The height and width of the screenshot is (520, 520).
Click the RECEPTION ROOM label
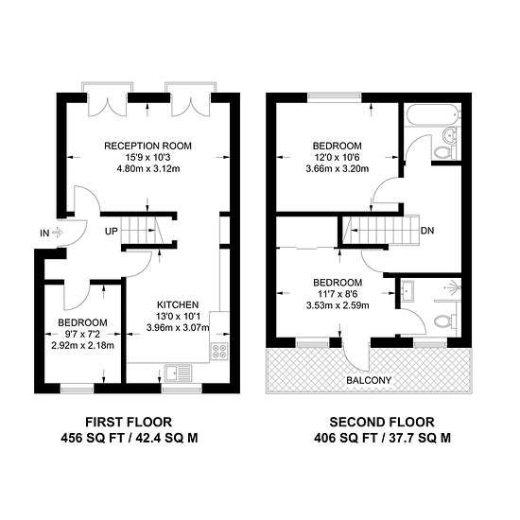(x=147, y=146)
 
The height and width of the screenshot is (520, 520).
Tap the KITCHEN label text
(x=178, y=304)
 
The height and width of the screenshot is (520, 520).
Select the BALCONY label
(x=369, y=380)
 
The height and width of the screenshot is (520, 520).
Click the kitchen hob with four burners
(x=220, y=351)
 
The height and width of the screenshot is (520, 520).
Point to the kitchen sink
(x=179, y=373)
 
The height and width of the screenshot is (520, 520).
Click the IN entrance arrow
(x=58, y=233)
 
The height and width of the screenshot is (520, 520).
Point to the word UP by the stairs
(x=112, y=231)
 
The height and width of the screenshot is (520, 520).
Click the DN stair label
(x=427, y=231)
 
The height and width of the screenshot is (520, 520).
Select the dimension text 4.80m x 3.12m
(x=148, y=169)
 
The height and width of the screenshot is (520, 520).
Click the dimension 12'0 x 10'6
(x=337, y=157)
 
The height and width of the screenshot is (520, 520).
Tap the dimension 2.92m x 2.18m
(x=82, y=345)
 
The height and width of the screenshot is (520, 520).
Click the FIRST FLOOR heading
(x=129, y=423)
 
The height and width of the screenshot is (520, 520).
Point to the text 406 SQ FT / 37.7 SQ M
(x=382, y=438)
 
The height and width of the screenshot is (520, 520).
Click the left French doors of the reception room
(x=107, y=104)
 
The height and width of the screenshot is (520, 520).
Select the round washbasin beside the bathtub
(x=449, y=135)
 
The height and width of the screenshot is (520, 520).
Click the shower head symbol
(x=454, y=287)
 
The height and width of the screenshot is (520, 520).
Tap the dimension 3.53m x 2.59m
(x=338, y=305)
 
